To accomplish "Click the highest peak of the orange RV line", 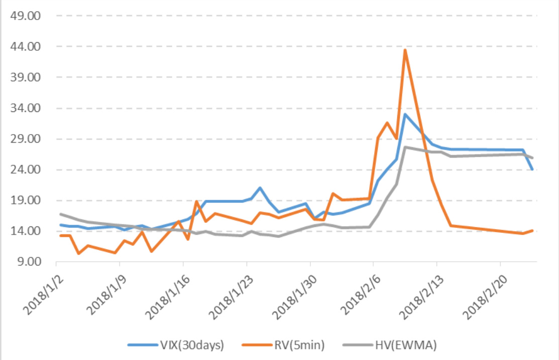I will [x=405, y=50].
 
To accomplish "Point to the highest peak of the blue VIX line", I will [x=405, y=114].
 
